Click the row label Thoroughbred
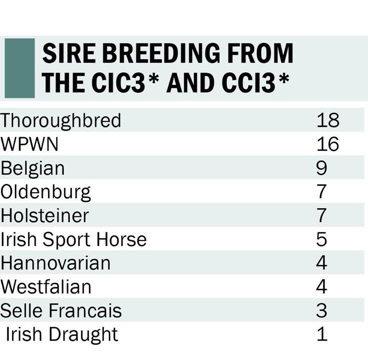[61, 120]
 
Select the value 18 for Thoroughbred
[327, 120]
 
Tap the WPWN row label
[30, 144]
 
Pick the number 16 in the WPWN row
[327, 144]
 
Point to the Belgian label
[33, 168]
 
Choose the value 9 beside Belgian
[322, 168]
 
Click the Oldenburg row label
[46, 192]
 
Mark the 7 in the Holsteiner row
[322, 216]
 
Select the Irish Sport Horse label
[74, 239]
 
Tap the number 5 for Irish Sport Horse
[322, 239]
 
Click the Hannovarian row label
[55, 263]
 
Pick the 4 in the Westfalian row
[322, 287]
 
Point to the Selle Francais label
[61, 311]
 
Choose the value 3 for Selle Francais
[322, 311]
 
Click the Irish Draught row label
[61, 335]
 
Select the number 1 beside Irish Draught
[322, 335]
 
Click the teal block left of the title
[19, 68]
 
